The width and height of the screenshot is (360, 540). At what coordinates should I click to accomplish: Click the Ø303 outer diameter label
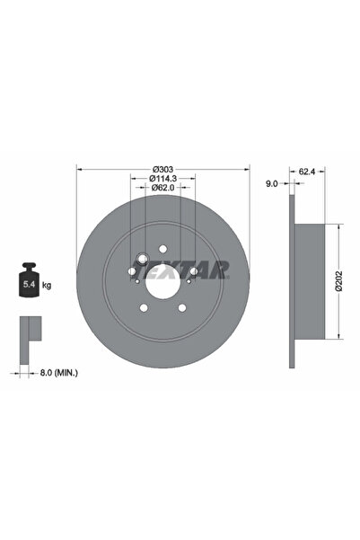[x=162, y=170]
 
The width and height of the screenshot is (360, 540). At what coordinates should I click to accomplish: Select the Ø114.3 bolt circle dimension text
[x=162, y=179]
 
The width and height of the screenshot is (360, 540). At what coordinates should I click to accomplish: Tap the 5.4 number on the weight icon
[x=27, y=285]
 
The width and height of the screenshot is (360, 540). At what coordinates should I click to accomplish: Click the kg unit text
[x=47, y=285]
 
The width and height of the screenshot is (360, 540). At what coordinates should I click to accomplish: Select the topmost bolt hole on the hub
[x=162, y=249]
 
